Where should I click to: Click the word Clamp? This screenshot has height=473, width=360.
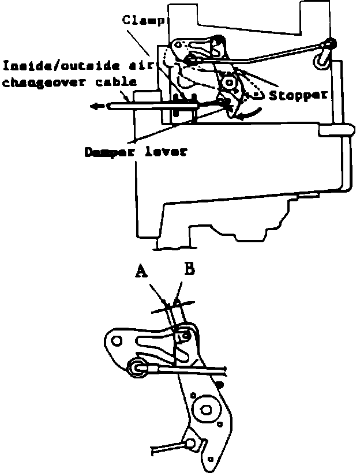(x=144, y=21)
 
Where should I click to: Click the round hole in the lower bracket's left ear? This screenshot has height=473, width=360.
(x=118, y=341)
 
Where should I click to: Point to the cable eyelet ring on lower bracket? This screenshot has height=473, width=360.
(x=137, y=367)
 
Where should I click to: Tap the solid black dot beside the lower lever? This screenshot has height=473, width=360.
(x=220, y=383)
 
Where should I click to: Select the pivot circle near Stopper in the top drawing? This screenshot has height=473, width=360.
(x=231, y=82)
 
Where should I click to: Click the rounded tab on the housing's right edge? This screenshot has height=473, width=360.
(x=335, y=130)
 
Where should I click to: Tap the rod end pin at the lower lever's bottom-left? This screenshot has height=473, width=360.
(x=189, y=443)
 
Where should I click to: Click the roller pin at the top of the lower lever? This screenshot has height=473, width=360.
(x=186, y=334)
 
